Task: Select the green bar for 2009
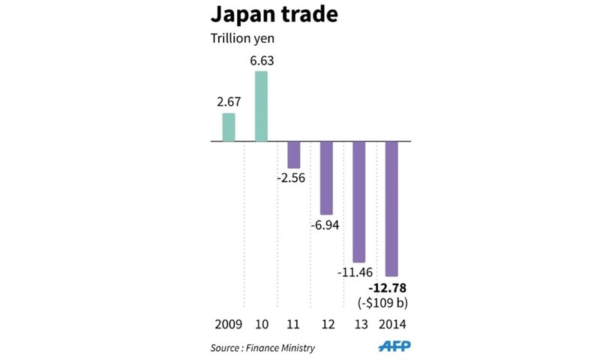click(229, 127)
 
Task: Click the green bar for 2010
click(262, 106)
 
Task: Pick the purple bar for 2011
click(294, 154)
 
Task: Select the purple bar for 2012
click(326, 178)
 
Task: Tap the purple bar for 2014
click(391, 208)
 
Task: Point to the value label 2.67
click(228, 100)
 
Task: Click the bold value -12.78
click(391, 287)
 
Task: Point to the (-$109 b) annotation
click(391, 302)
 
